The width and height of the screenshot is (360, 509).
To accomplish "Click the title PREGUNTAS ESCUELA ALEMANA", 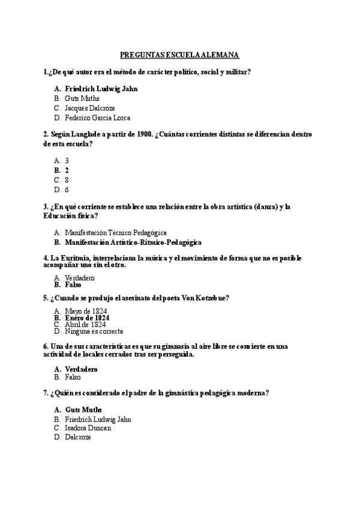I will (x=180, y=55).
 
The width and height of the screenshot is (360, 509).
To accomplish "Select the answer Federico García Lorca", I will (x=97, y=118).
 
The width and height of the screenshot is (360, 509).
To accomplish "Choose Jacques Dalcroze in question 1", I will (x=90, y=108).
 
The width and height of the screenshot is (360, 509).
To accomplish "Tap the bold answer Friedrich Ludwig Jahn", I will (x=101, y=89).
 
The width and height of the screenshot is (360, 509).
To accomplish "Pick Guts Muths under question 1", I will (x=82, y=98).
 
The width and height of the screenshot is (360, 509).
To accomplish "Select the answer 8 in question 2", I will (x=67, y=179).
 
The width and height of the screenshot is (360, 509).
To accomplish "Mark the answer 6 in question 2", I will (x=67, y=189).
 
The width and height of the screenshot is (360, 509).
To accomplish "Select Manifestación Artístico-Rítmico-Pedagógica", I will (x=133, y=242).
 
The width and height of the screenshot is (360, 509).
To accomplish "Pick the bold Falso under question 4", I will (x=73, y=285).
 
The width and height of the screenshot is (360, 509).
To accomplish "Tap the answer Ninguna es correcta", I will (x=94, y=331).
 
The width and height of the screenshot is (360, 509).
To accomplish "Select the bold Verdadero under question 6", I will (x=80, y=369).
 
